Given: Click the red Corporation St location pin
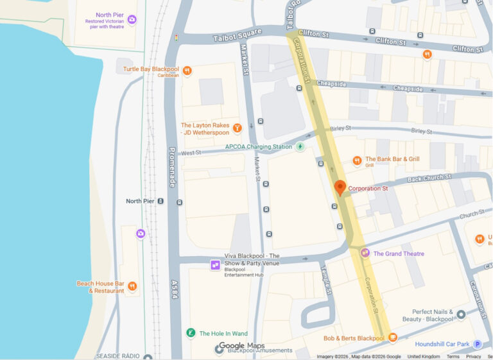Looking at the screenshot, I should pyautogui.click(x=340, y=187).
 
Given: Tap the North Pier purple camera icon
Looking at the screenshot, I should pyautogui.click(x=132, y=20).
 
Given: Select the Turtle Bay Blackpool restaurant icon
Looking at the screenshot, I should pyautogui.click(x=187, y=71).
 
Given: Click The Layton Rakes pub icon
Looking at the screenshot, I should pyautogui.click(x=237, y=128).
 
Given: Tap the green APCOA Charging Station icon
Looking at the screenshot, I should pyautogui.click(x=300, y=146).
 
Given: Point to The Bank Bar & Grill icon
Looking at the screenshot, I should pyautogui.click(x=357, y=160).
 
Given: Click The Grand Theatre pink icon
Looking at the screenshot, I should pyautogui.click(x=365, y=253).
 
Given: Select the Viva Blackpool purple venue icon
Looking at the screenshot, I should pyautogui.click(x=215, y=264).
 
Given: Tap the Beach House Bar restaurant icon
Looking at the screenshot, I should pyautogui.click(x=132, y=286).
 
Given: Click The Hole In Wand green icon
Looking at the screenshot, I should pyautogui.click(x=191, y=333).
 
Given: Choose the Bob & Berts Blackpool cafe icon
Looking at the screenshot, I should pyautogui.click(x=392, y=338).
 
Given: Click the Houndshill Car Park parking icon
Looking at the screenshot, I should pyautogui.click(x=477, y=344).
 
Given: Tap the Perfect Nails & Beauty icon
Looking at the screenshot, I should pyautogui.click(x=460, y=314).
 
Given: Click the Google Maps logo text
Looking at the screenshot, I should pyautogui.click(x=241, y=346).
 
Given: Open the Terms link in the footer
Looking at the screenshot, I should pyautogui.click(x=453, y=356).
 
